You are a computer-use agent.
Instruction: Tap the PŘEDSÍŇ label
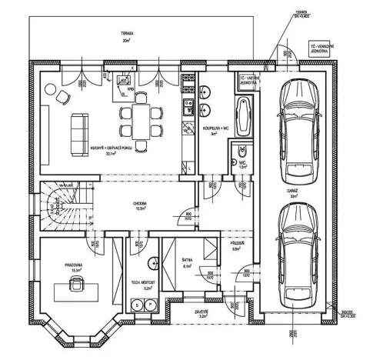[x=237, y=246]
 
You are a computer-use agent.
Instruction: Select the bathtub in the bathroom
[x=244, y=116]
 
